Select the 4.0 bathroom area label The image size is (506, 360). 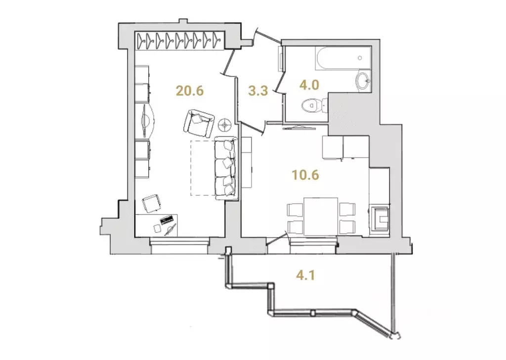(x=309, y=84)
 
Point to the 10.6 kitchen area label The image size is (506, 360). (x=304, y=175)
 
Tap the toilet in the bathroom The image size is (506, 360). (x=312, y=105)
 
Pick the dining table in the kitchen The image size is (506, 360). (x=321, y=216)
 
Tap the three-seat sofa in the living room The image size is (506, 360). (x=227, y=169)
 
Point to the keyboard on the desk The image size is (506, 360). (x=167, y=219)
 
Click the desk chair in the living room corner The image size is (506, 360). (x=151, y=203)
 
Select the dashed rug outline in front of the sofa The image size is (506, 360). (x=203, y=168)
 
